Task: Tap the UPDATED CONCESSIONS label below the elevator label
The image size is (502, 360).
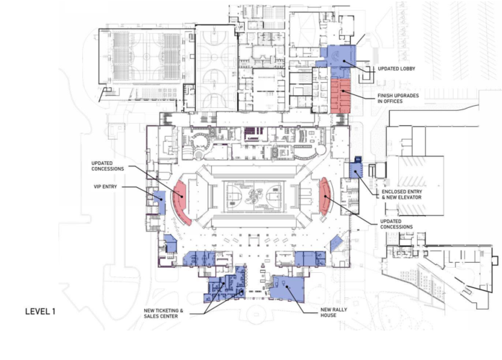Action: tap(394, 224)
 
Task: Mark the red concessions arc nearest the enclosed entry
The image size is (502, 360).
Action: tap(325, 195)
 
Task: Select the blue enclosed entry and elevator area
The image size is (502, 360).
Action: tap(354, 170)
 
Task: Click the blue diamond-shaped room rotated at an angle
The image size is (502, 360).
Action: tap(336, 244)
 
